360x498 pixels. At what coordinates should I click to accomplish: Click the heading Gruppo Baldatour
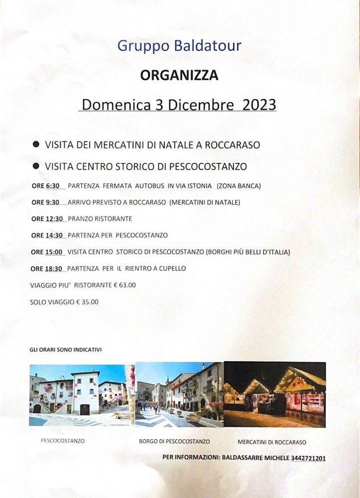179,46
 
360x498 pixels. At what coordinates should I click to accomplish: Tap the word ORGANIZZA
179,75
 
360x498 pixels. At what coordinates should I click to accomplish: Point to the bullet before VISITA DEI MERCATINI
36,144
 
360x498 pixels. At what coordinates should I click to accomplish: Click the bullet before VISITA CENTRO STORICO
36,165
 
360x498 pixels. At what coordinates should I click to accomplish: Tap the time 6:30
53,186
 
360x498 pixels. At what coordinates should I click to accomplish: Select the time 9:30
53,202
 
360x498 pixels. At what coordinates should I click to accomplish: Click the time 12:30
54,219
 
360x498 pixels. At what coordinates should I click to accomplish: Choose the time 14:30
54,235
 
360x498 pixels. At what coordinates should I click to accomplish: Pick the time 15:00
54,252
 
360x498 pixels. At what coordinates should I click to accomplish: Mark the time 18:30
54,268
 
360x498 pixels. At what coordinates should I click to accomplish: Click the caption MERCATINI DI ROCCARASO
272,442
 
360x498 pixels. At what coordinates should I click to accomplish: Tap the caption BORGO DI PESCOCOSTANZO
174,442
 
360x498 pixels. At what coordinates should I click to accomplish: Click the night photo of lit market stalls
275,394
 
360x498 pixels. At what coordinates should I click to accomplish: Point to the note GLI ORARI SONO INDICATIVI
66,350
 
